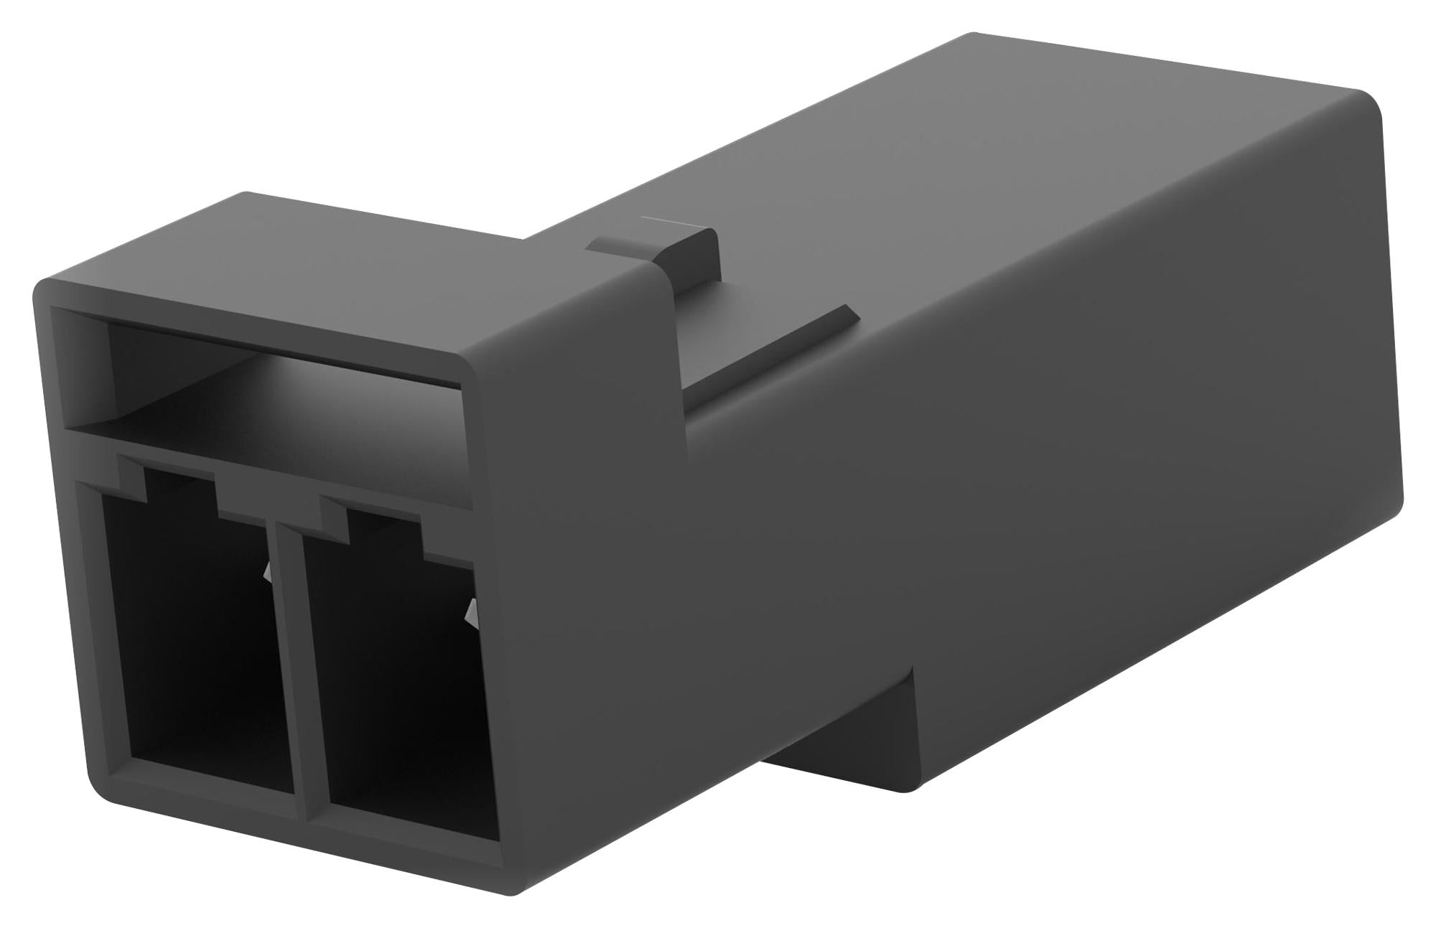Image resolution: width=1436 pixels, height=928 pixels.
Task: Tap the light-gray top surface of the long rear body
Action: pyautogui.click(x=1005, y=144)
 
